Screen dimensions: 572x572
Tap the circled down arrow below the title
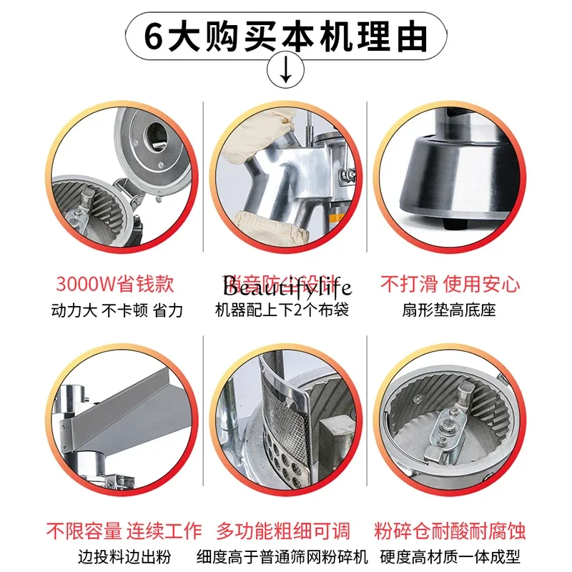coord(286,70)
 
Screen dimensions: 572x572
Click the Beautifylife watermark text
coord(286,287)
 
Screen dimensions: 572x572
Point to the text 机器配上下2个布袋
coord(286,310)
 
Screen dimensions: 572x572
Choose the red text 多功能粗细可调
coord(286,531)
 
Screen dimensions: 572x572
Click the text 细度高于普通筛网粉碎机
coord(286,557)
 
